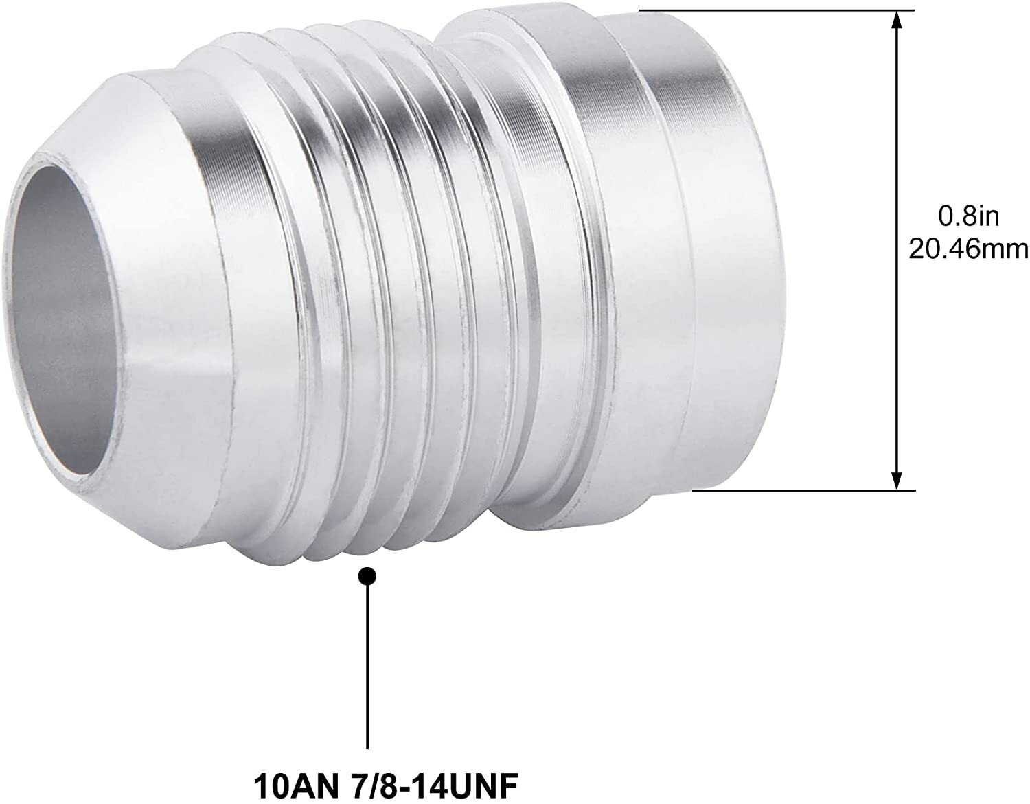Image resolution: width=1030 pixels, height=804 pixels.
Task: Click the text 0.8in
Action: (969, 217)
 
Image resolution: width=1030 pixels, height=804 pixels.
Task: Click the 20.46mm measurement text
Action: (969, 249)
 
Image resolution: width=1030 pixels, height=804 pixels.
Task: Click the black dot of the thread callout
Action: (369, 575)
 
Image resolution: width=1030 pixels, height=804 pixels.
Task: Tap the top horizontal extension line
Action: (776, 10)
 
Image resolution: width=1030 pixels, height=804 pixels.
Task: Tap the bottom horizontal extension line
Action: (803, 490)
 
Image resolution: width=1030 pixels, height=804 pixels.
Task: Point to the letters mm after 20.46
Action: (1005, 249)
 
